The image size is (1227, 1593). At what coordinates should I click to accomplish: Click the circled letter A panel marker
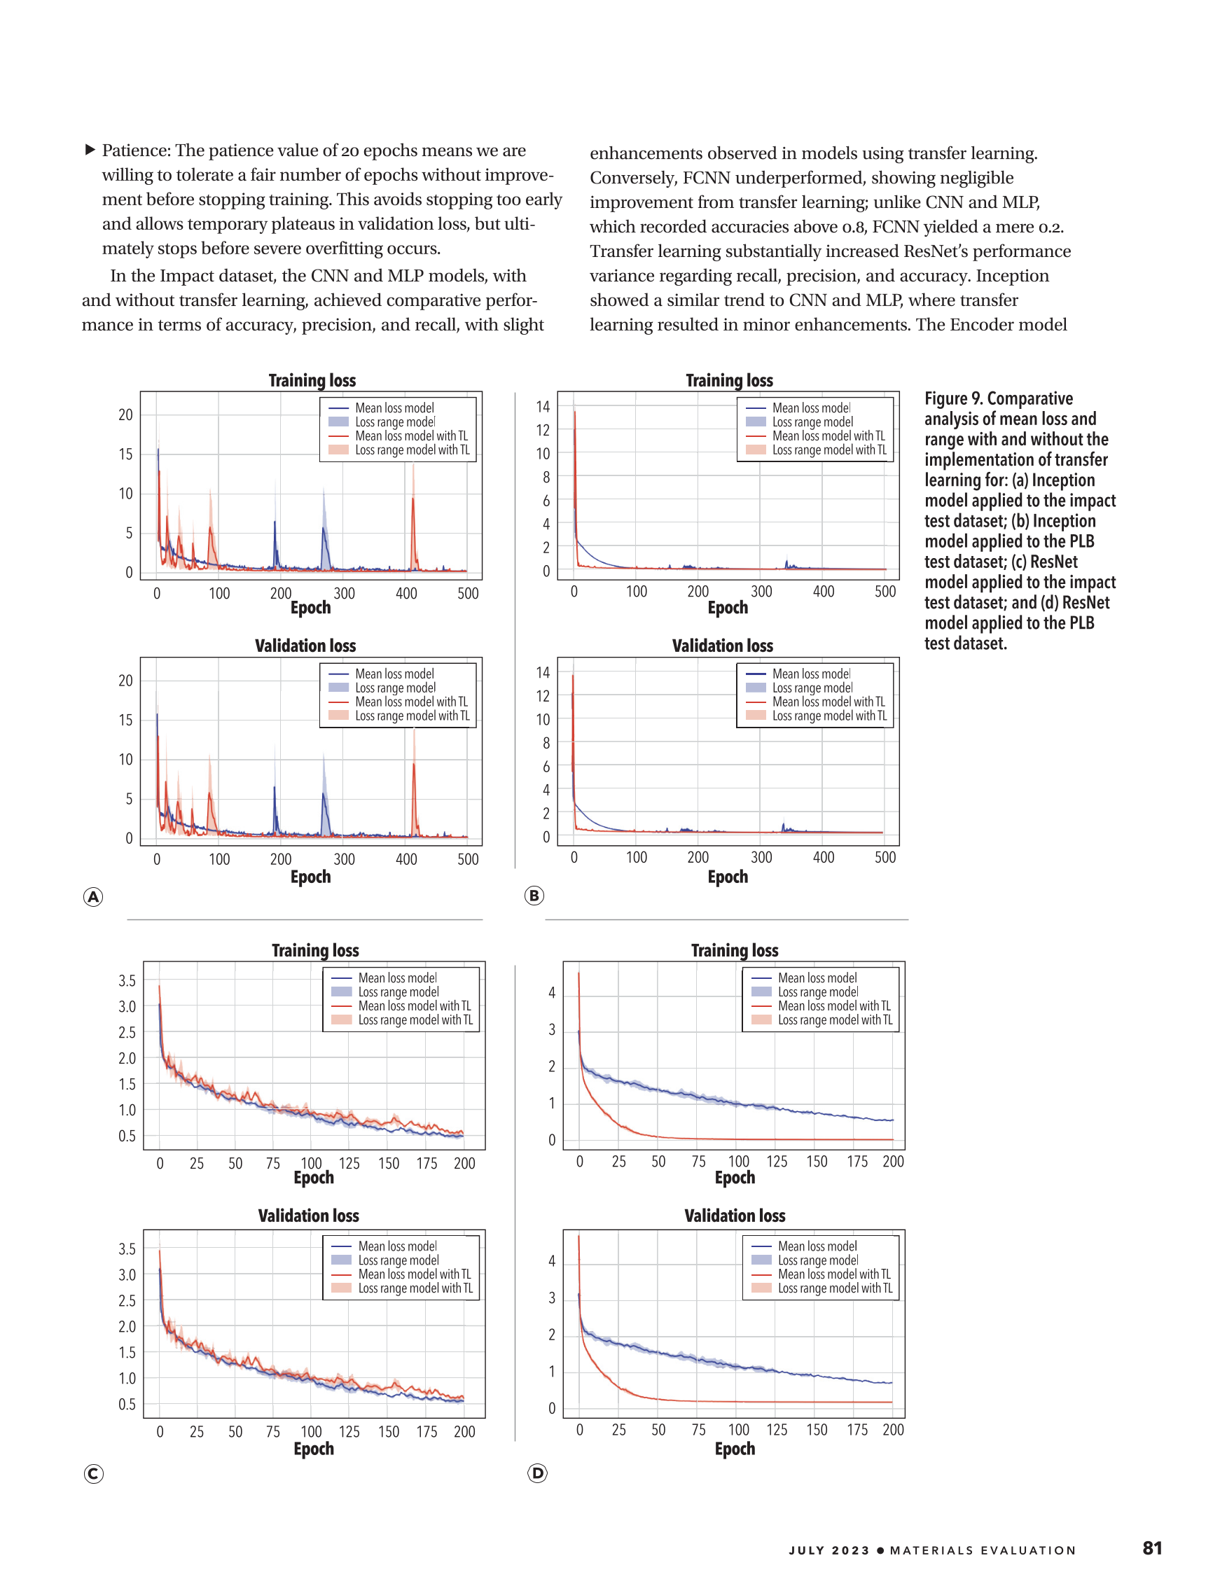pyautogui.click(x=92, y=896)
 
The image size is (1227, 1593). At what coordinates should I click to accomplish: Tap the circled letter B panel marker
pyautogui.click(x=534, y=895)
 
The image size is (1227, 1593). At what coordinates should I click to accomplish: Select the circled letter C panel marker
pyautogui.click(x=93, y=1473)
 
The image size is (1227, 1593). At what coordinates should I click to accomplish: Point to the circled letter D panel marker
pyautogui.click(x=538, y=1473)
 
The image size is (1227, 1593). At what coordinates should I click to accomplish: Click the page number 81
pyautogui.click(x=1152, y=1547)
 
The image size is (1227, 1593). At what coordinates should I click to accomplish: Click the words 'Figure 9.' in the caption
pyautogui.click(x=952, y=398)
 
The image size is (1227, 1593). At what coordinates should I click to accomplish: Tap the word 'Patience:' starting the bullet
pyautogui.click(x=137, y=151)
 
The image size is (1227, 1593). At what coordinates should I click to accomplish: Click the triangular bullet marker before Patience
pyautogui.click(x=90, y=150)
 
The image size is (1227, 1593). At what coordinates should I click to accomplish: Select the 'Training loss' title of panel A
pyautogui.click(x=312, y=380)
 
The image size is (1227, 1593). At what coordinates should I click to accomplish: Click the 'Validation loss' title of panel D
pyautogui.click(x=735, y=1215)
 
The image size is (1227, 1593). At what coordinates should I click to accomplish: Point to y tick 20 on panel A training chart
pyautogui.click(x=125, y=415)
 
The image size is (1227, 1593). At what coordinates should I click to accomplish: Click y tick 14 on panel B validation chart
pyautogui.click(x=543, y=672)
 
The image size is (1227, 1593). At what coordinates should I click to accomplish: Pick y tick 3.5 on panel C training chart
pyautogui.click(x=127, y=980)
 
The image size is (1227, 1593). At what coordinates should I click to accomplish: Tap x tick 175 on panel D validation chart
pyautogui.click(x=857, y=1430)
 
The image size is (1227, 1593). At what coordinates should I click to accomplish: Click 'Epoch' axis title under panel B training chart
pyautogui.click(x=727, y=608)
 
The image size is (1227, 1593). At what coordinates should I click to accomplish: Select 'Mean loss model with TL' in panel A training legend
pyautogui.click(x=411, y=436)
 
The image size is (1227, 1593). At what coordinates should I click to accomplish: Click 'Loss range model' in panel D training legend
pyautogui.click(x=818, y=992)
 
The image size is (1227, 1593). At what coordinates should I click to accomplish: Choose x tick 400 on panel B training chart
pyautogui.click(x=824, y=592)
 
